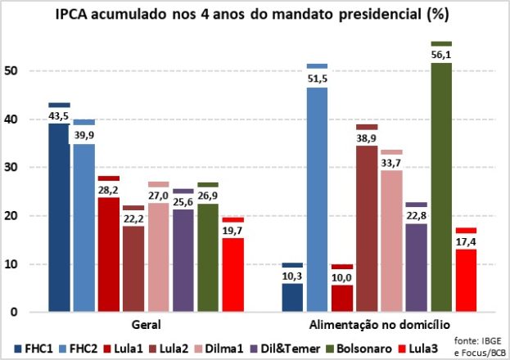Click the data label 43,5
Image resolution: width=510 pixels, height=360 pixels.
pyautogui.click(x=58, y=116)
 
